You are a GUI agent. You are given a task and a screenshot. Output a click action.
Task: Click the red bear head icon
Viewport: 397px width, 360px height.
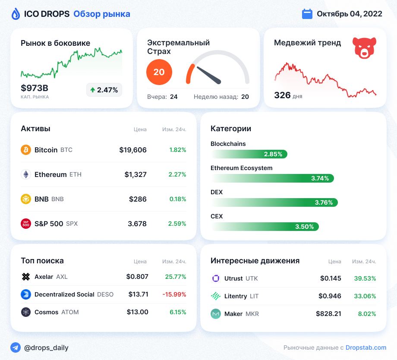(364, 48)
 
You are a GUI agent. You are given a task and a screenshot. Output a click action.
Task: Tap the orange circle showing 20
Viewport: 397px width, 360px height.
(159, 72)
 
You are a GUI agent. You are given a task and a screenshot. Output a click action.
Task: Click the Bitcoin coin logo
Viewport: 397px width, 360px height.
(26, 150)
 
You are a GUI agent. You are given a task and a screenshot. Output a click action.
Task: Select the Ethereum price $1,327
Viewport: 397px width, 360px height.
(135, 174)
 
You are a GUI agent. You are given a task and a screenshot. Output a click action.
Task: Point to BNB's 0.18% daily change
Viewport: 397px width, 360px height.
(178, 199)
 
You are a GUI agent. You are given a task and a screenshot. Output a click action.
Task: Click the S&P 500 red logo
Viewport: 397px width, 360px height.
(26, 224)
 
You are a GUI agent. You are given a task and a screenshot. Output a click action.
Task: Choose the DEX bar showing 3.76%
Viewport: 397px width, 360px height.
(274, 202)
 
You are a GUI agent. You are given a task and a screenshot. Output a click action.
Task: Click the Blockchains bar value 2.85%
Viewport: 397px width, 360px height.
(273, 154)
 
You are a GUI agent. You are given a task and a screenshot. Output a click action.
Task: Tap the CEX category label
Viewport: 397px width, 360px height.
(217, 216)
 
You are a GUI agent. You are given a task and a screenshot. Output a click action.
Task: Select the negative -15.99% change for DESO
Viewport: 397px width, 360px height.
(174, 294)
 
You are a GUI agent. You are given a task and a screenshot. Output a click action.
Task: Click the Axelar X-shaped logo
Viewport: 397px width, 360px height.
(26, 277)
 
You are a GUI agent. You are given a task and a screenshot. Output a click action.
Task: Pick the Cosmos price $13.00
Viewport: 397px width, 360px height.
(138, 312)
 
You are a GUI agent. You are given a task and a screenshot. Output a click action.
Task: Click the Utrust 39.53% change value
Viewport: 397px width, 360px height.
(365, 278)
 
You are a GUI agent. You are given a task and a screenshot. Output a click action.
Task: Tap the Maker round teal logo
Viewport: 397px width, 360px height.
(216, 314)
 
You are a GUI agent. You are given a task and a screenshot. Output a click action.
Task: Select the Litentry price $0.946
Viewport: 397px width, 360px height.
(330, 296)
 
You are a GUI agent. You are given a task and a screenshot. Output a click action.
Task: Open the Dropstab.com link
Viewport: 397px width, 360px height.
(366, 347)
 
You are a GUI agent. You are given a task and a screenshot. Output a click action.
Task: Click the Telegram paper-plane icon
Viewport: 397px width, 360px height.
(16, 347)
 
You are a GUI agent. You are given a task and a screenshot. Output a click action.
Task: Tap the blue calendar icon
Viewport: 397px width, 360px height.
(307, 14)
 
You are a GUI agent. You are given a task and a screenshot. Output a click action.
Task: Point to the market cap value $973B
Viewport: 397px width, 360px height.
(35, 88)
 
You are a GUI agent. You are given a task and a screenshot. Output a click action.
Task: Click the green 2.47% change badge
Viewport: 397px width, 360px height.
(104, 90)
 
